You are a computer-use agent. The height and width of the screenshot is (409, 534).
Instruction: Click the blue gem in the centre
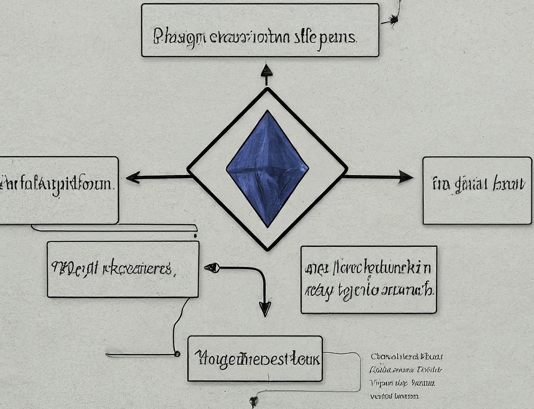267,169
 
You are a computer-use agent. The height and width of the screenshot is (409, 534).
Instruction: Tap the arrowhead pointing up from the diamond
267,70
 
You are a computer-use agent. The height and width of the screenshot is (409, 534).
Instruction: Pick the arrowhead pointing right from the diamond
405,177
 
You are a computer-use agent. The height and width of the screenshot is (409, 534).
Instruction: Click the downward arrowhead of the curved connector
265,309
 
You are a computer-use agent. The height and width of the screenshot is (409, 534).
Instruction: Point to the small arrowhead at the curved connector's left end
211,268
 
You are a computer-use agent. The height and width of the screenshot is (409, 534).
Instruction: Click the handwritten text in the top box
255,37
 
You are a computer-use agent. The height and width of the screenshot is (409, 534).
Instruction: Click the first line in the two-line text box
368,268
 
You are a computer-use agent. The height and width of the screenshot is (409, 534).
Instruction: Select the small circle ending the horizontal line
177,354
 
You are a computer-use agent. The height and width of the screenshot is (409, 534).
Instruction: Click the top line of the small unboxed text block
406,357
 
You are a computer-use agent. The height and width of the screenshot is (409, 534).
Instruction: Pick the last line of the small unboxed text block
394,396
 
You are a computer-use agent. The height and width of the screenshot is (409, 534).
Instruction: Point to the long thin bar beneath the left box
114,228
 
